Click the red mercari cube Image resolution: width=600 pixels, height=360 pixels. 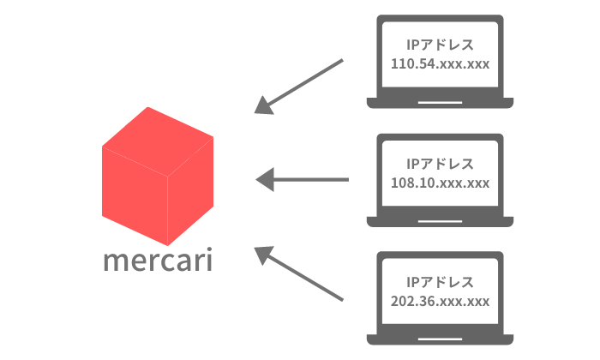[157, 180]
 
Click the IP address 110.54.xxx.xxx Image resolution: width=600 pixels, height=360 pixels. [440, 63]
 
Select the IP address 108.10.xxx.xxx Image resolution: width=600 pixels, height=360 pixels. [440, 183]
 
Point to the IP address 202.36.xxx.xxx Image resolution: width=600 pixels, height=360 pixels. [440, 301]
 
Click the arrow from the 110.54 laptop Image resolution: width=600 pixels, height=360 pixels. [300, 86]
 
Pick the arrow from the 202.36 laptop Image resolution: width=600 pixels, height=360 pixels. [300, 274]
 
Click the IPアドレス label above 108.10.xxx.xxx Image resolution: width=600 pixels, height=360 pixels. [440, 163]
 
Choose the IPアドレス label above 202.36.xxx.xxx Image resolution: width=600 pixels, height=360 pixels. [440, 281]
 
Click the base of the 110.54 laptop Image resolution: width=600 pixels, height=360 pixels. [440, 103]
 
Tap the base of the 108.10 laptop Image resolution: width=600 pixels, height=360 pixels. [440, 221]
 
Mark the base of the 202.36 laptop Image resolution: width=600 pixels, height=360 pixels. [440, 339]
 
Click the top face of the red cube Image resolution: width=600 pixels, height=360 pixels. [158, 138]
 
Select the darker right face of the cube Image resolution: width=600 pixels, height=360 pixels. [189, 193]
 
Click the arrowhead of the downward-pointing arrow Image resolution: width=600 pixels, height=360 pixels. [265, 107]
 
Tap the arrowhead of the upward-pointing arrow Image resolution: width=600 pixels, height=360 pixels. [265, 253]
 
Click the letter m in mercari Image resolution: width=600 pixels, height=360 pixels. [115, 261]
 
